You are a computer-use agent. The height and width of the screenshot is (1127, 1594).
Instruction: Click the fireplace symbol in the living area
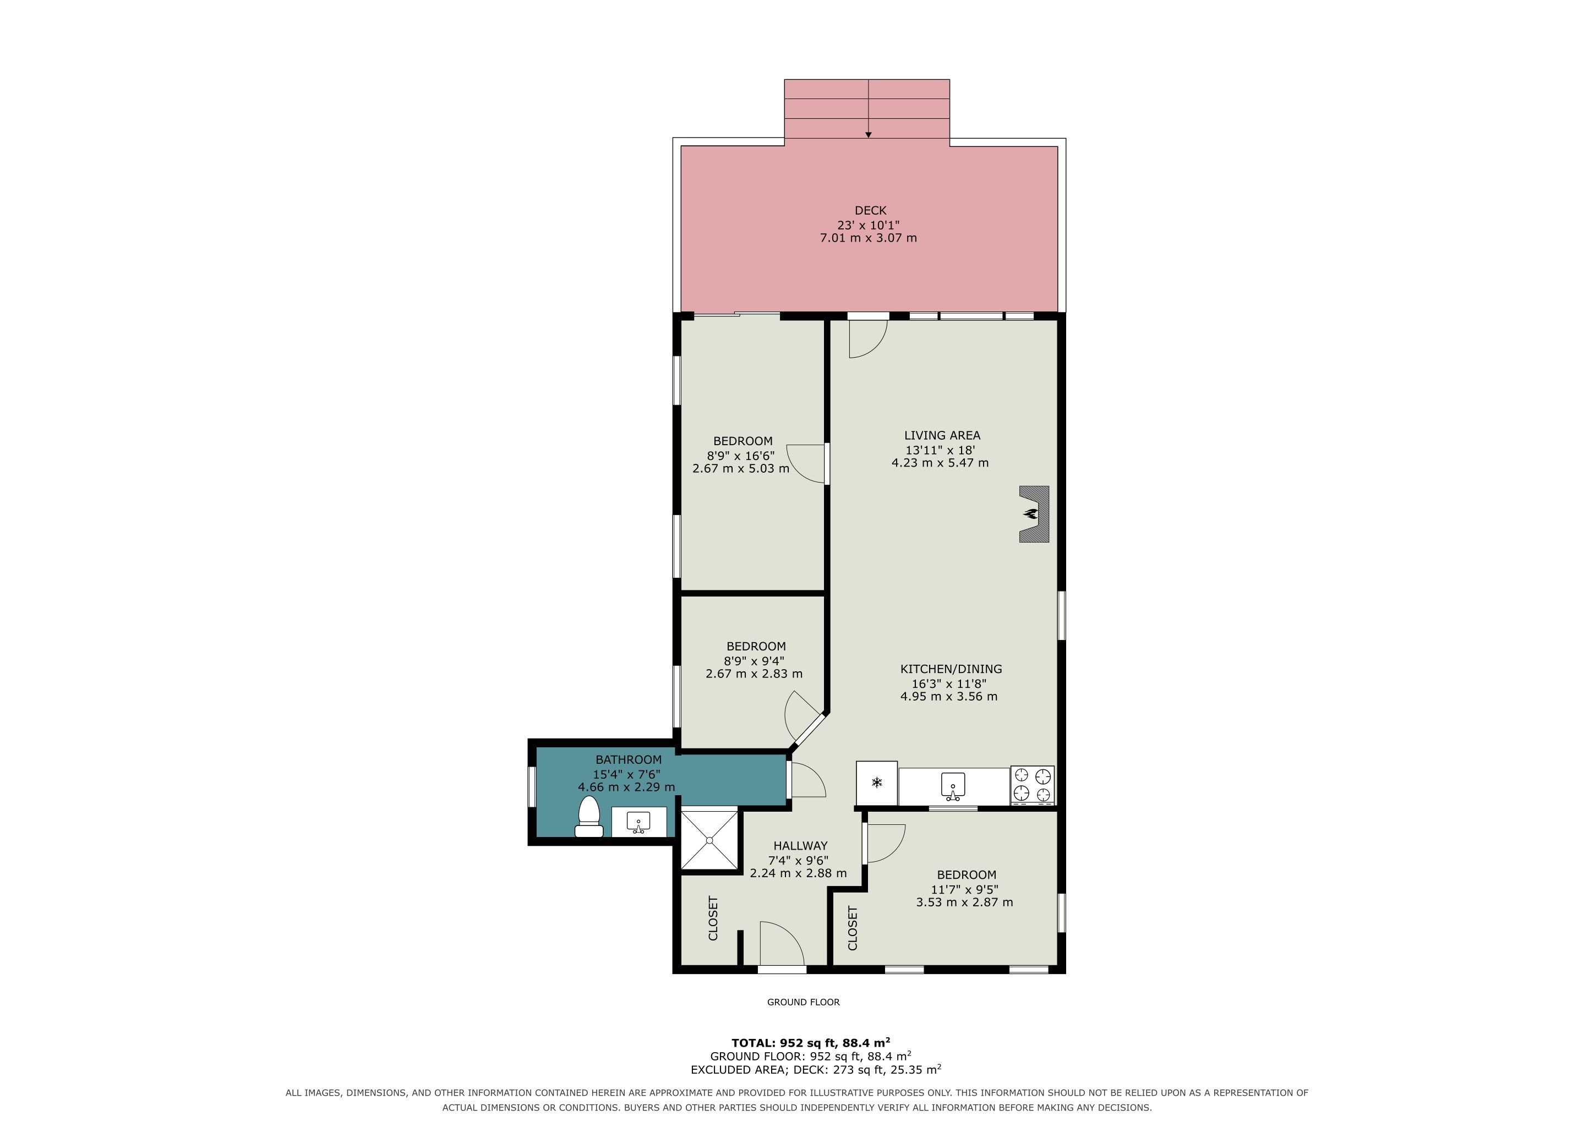pyautogui.click(x=1034, y=513)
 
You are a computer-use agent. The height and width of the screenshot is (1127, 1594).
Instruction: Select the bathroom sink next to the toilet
pyautogui.click(x=638, y=822)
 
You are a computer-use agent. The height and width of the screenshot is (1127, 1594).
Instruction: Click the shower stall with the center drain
pyautogui.click(x=709, y=840)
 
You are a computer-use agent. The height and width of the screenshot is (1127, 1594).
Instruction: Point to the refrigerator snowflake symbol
pyautogui.click(x=877, y=784)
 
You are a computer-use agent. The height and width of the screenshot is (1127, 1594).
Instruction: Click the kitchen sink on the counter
pyautogui.click(x=954, y=785)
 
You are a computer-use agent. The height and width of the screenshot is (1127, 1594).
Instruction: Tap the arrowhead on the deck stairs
pyautogui.click(x=869, y=135)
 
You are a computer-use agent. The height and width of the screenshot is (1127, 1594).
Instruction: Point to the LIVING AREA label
pyautogui.click(x=942, y=436)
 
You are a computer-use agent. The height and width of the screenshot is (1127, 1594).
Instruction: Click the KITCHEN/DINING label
pyautogui.click(x=951, y=669)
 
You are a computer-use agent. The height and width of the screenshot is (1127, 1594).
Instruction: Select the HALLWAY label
pyautogui.click(x=800, y=846)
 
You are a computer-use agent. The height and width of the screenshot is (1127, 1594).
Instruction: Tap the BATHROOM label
pyautogui.click(x=628, y=760)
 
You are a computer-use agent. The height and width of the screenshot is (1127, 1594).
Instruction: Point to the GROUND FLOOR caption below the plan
pyautogui.click(x=803, y=1002)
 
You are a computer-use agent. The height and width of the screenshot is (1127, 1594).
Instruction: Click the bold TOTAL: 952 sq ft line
pyautogui.click(x=811, y=1042)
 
